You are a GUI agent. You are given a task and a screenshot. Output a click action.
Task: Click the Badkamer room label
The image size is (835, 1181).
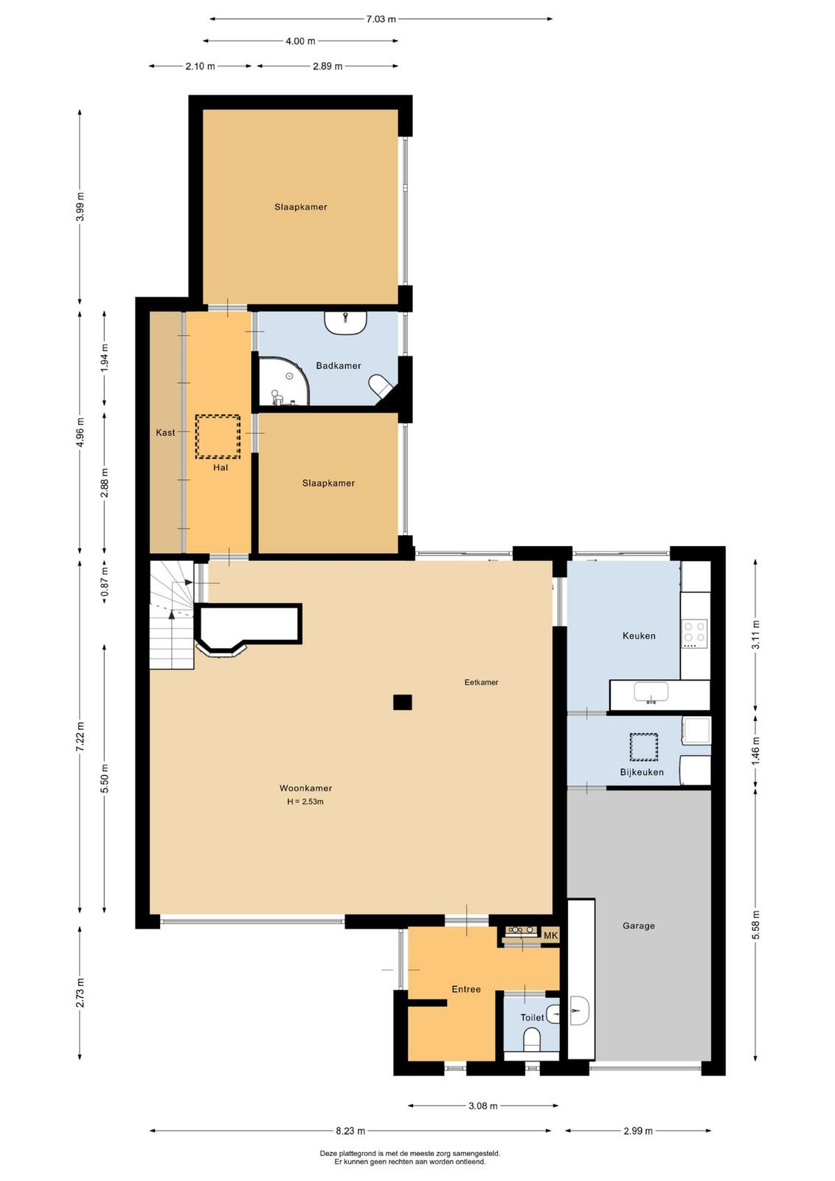coord(339,365)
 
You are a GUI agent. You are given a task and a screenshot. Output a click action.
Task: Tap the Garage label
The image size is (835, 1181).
coord(639,926)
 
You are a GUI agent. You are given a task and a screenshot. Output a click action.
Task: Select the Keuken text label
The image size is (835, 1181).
coord(639,636)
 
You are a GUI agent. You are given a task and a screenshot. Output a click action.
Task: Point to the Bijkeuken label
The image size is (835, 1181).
coord(642,772)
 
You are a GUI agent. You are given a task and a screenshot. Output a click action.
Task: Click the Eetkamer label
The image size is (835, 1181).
coord(481,682)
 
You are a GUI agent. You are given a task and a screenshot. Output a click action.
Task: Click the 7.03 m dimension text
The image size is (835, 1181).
coord(381,19)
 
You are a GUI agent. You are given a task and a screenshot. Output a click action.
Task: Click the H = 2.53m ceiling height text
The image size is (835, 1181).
coord(305,802)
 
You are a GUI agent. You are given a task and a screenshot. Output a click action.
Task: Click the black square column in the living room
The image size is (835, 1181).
coord(402,702)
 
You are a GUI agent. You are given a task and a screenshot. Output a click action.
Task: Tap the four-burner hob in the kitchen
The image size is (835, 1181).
coord(695,633)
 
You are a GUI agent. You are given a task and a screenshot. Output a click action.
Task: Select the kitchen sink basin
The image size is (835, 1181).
coord(651,691)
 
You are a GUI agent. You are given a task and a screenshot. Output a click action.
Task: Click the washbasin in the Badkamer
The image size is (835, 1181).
coord(346,323)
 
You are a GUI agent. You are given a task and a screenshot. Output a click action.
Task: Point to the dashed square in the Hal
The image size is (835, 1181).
coord(218,436)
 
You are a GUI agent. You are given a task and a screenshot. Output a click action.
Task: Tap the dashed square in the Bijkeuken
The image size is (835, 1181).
coord(644,746)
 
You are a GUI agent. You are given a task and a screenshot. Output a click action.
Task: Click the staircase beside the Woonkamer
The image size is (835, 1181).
coord(173,614)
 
